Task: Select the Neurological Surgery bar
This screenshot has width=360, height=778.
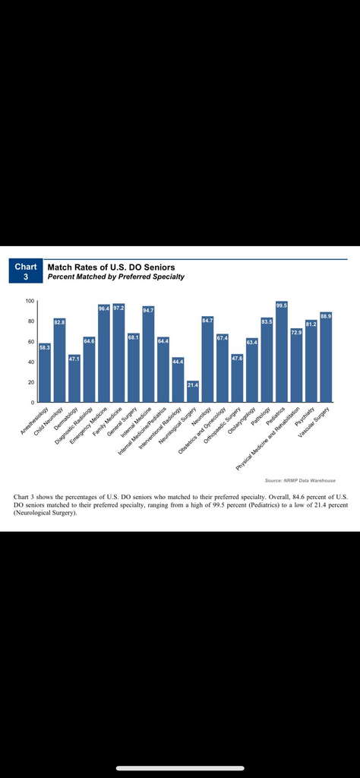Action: point(192,391)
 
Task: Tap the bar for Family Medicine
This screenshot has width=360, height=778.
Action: point(118,353)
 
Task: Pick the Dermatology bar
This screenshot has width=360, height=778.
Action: point(74,378)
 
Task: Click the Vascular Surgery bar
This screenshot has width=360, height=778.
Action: point(326,357)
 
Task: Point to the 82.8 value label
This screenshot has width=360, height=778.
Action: point(59,322)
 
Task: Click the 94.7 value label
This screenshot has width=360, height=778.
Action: point(148,310)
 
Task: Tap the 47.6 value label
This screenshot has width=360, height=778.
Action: point(237,359)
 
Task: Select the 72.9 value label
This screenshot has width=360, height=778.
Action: point(296,333)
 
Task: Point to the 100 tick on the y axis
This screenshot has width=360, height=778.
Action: point(30,301)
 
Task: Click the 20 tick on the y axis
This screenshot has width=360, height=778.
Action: point(30,382)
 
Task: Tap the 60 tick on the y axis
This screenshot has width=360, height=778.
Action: point(30,342)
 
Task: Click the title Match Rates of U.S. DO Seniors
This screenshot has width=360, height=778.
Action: point(111,267)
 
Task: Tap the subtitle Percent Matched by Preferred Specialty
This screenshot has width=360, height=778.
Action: point(115,277)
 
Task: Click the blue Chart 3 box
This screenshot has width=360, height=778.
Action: point(26,271)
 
